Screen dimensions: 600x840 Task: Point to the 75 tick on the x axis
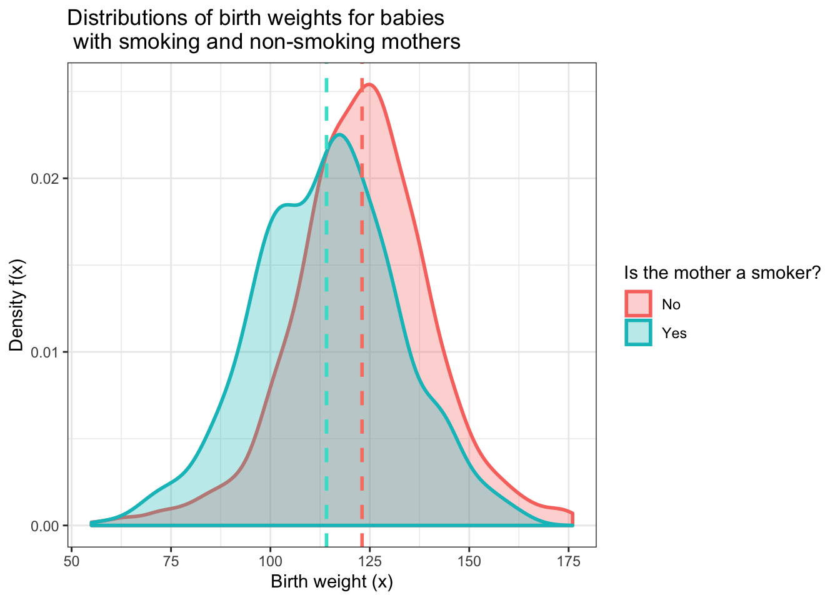[171, 561]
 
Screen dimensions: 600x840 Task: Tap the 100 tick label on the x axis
[270, 561]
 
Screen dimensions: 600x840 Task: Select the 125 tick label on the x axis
[369, 561]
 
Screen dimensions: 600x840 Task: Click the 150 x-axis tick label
[469, 561]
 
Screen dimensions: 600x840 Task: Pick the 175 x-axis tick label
[568, 561]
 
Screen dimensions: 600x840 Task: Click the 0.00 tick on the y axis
[48, 526]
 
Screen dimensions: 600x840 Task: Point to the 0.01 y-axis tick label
[48, 352]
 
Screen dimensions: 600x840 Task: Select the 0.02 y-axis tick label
[48, 179]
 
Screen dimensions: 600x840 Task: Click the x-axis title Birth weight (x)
[332, 582]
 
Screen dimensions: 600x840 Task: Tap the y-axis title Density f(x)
[17, 305]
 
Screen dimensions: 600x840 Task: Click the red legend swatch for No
[638, 304]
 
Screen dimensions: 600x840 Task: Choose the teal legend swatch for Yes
[638, 332]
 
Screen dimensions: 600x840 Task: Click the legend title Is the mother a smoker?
[722, 273]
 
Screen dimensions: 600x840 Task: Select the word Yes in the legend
[674, 333]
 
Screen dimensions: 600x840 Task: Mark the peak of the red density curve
[369, 84]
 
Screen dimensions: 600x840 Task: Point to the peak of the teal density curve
[339, 134]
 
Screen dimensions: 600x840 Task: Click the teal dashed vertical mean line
[326, 312]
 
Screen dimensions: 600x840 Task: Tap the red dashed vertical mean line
[362, 312]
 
